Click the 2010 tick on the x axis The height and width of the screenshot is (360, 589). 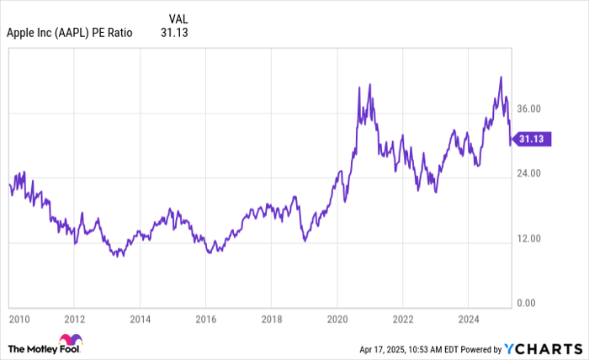(19, 320)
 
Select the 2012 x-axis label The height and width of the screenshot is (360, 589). (74, 320)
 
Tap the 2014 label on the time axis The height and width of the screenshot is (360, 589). (140, 320)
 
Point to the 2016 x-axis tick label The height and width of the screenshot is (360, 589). (205, 320)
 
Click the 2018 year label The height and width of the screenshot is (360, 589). (271, 320)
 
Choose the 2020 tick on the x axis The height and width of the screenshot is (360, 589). (337, 320)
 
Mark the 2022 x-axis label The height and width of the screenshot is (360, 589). (402, 320)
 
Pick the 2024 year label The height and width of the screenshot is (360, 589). (468, 320)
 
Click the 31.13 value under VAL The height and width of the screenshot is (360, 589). (174, 34)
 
